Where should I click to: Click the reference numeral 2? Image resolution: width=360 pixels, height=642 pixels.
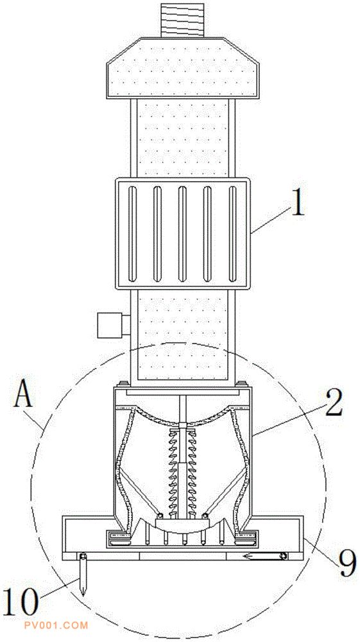pyautogui.click(x=334, y=403)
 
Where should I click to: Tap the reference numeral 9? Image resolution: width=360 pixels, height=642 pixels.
pyautogui.click(x=347, y=563)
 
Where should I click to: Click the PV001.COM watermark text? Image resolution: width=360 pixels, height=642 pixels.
pyautogui.click(x=62, y=625)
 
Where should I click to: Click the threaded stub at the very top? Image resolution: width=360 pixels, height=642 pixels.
pyautogui.click(x=182, y=21)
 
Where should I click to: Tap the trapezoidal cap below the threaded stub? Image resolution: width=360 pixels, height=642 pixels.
pyautogui.click(x=183, y=68)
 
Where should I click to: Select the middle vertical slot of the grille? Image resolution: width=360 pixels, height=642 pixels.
pyautogui.click(x=182, y=234)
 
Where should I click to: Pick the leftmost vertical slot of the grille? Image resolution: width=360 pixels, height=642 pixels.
pyautogui.click(x=132, y=234)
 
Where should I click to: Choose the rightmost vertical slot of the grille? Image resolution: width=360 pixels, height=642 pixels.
pyautogui.click(x=233, y=234)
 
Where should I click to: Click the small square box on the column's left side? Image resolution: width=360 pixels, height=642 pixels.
pyautogui.click(x=110, y=325)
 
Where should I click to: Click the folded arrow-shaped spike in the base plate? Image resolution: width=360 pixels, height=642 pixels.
pyautogui.click(x=264, y=555)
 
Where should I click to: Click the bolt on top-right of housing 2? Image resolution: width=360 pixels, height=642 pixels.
pyautogui.click(x=241, y=385)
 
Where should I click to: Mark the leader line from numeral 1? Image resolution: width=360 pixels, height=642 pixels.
pyautogui.click(x=271, y=220)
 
